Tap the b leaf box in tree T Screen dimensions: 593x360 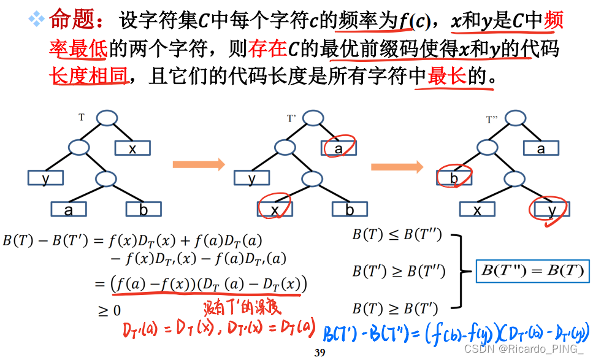143,209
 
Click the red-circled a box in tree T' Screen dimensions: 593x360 339,148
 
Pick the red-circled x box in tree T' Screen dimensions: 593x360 274,209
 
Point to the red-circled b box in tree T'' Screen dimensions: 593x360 454,178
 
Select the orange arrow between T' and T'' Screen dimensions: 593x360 397,166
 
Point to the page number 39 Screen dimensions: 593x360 319,353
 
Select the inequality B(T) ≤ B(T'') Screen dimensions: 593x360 397,234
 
